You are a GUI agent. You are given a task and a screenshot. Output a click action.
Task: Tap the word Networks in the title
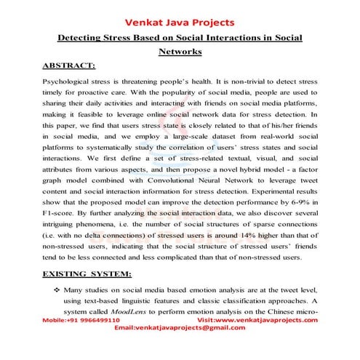click(180, 52)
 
